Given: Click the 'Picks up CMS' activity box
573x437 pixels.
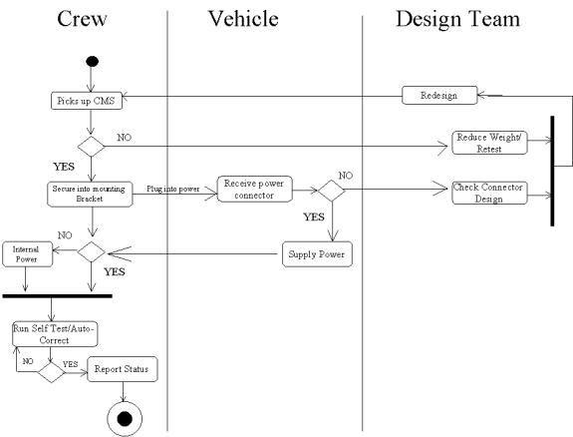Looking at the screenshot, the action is [87, 101].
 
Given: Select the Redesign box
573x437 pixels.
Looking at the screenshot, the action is [439, 95].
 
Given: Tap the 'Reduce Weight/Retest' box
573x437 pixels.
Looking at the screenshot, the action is [489, 143].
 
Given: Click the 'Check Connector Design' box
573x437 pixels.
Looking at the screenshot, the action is [489, 193].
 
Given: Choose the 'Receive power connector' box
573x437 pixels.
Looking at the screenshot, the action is [255, 189].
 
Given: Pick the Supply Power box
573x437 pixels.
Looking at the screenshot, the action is [317, 254].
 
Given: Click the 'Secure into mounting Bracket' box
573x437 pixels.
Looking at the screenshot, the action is [90, 194].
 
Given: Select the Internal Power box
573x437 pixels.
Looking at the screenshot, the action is [28, 254].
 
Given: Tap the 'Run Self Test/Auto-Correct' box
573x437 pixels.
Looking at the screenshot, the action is [55, 334].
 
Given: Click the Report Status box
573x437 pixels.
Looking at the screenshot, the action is [123, 369].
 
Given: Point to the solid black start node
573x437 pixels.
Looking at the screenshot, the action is [92, 61].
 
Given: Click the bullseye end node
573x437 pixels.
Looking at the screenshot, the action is [125, 419].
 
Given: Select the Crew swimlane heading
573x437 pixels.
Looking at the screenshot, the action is [82, 19].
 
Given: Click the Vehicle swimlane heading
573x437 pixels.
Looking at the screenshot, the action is [243, 18].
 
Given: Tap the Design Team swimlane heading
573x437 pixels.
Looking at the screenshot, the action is [457, 19].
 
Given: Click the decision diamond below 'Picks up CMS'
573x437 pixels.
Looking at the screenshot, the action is [91, 147].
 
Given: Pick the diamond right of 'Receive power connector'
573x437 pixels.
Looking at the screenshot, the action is [332, 191].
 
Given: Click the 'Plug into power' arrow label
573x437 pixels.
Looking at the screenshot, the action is [173, 189].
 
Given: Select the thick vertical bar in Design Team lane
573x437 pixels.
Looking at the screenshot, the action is [552, 171].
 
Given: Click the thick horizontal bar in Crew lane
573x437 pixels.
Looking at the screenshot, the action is [58, 295].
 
